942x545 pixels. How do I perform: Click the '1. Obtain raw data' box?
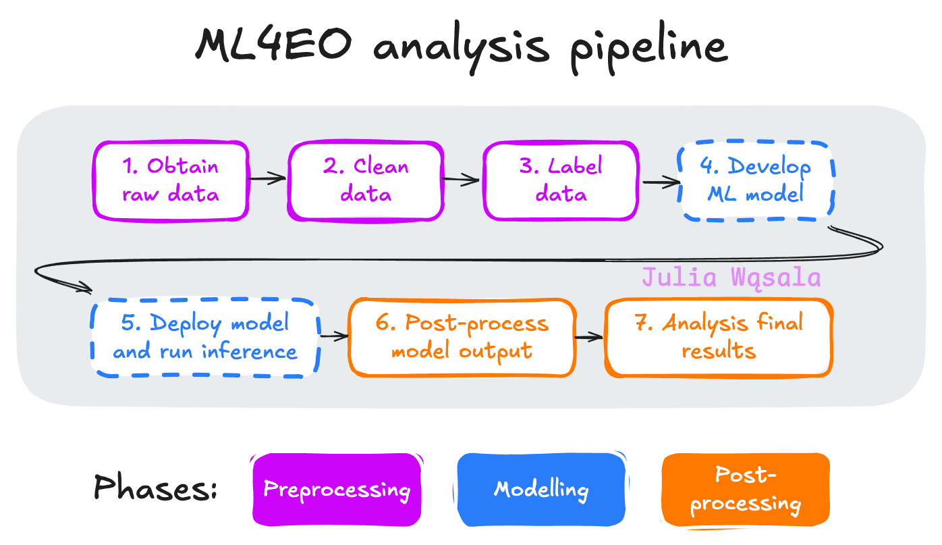pos(170,180)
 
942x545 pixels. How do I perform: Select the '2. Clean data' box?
pos(366,180)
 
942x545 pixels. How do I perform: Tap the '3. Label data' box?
pos(560,180)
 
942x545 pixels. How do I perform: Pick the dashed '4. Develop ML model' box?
pos(756,180)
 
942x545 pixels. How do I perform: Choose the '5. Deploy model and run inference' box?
pos(205,337)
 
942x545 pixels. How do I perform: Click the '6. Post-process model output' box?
pos(462,337)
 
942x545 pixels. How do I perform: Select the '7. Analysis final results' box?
pos(719,337)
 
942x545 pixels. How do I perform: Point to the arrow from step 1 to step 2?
pos(268,179)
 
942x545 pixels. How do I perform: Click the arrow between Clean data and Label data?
pos(462,180)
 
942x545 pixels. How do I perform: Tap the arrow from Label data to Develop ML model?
pos(660,181)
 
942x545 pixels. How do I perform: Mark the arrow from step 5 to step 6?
pos(333,335)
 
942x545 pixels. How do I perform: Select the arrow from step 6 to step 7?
pos(589,336)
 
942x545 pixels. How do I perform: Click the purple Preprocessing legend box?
pos(336,490)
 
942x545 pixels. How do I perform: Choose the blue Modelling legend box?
pos(541,490)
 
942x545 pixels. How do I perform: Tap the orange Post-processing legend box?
pos(746,490)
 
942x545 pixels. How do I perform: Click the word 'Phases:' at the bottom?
pos(155,488)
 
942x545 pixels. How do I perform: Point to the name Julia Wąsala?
pos(731,278)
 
